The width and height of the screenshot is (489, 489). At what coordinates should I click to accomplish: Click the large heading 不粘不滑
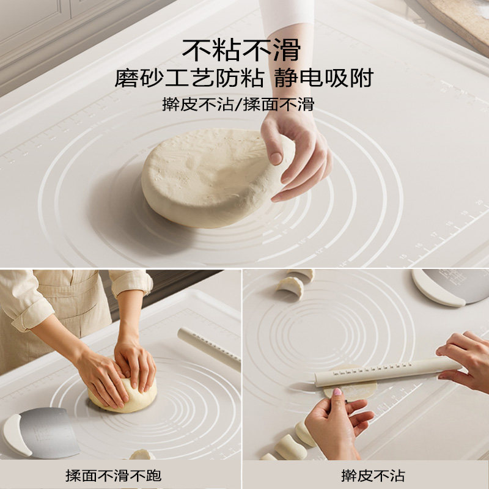click(x=244, y=49)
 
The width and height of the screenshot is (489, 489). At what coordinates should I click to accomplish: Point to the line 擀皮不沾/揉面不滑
click(x=238, y=104)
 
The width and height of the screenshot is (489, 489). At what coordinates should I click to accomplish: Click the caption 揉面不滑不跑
click(x=114, y=475)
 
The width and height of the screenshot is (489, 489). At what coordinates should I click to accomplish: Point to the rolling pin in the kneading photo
click(x=208, y=348)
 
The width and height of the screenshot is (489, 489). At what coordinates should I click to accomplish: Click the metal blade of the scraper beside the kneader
click(x=52, y=431)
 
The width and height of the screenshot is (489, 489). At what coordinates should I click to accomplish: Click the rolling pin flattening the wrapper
click(x=385, y=371)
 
